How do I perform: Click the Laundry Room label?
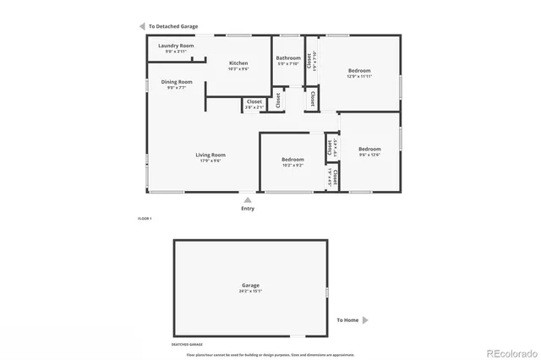(x=176, y=46)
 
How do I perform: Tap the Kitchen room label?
(x=238, y=63)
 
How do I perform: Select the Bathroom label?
(x=288, y=58)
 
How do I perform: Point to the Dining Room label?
(x=177, y=82)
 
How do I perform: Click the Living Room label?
(x=210, y=155)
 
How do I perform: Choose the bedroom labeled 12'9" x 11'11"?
(x=359, y=71)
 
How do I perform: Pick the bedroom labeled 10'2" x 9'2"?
(x=292, y=160)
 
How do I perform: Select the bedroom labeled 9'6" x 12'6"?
(x=369, y=150)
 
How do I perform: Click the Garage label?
(x=250, y=286)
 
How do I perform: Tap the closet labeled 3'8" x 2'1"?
(x=254, y=102)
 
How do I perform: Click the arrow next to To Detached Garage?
(x=142, y=27)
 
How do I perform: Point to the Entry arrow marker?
(x=247, y=200)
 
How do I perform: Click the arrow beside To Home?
(x=365, y=320)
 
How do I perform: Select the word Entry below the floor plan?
(x=247, y=209)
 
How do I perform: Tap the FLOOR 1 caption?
(x=145, y=219)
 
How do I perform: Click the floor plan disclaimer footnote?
(x=270, y=355)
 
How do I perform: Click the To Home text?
(x=347, y=320)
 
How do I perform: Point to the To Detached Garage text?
(x=172, y=27)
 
